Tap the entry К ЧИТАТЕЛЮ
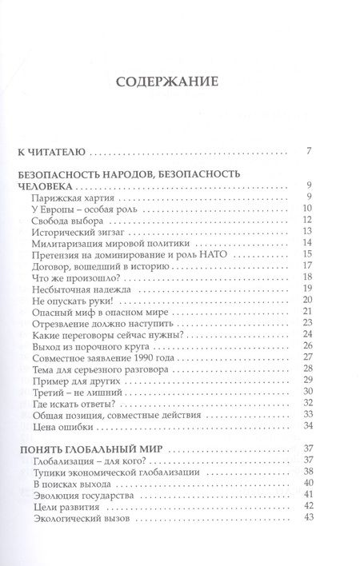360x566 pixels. [x=50, y=151]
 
